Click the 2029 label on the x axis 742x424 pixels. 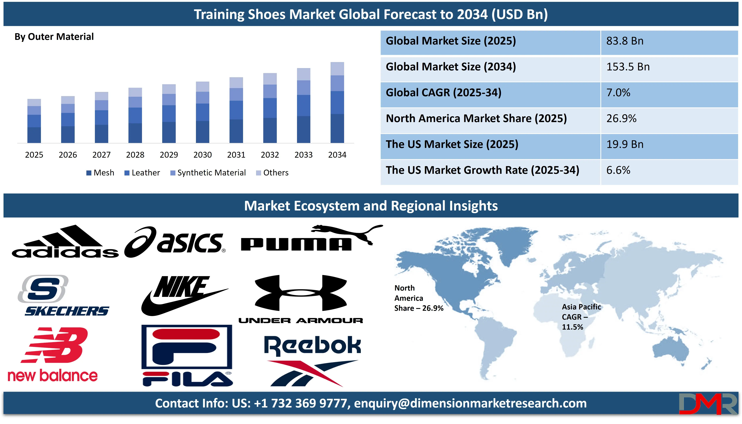point(169,155)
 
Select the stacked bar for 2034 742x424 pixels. point(337,103)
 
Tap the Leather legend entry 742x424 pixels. point(142,173)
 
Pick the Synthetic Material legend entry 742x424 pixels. point(208,173)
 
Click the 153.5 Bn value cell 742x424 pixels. point(628,67)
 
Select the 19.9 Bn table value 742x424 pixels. point(625,144)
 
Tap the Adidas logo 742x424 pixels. point(65,241)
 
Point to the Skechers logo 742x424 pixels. point(63,296)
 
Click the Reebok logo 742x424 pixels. point(313,361)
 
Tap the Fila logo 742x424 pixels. point(187,356)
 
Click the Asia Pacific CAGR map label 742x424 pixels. point(581,317)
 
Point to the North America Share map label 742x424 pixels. point(419,298)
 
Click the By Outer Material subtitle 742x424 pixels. point(54,37)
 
